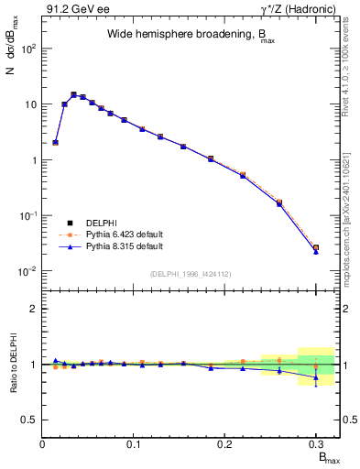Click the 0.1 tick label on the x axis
pyautogui.click(x=135, y=445)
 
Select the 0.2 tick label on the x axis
pyautogui.click(x=225, y=445)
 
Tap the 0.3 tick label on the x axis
pyautogui.click(x=316, y=445)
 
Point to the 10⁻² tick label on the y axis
pyautogui.click(x=27, y=271)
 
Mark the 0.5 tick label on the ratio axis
pyautogui.click(x=29, y=420)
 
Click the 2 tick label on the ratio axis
pyautogui.click(x=35, y=309)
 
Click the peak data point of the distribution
pyautogui.click(x=73, y=94)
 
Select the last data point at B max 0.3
pyautogui.click(x=316, y=248)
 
